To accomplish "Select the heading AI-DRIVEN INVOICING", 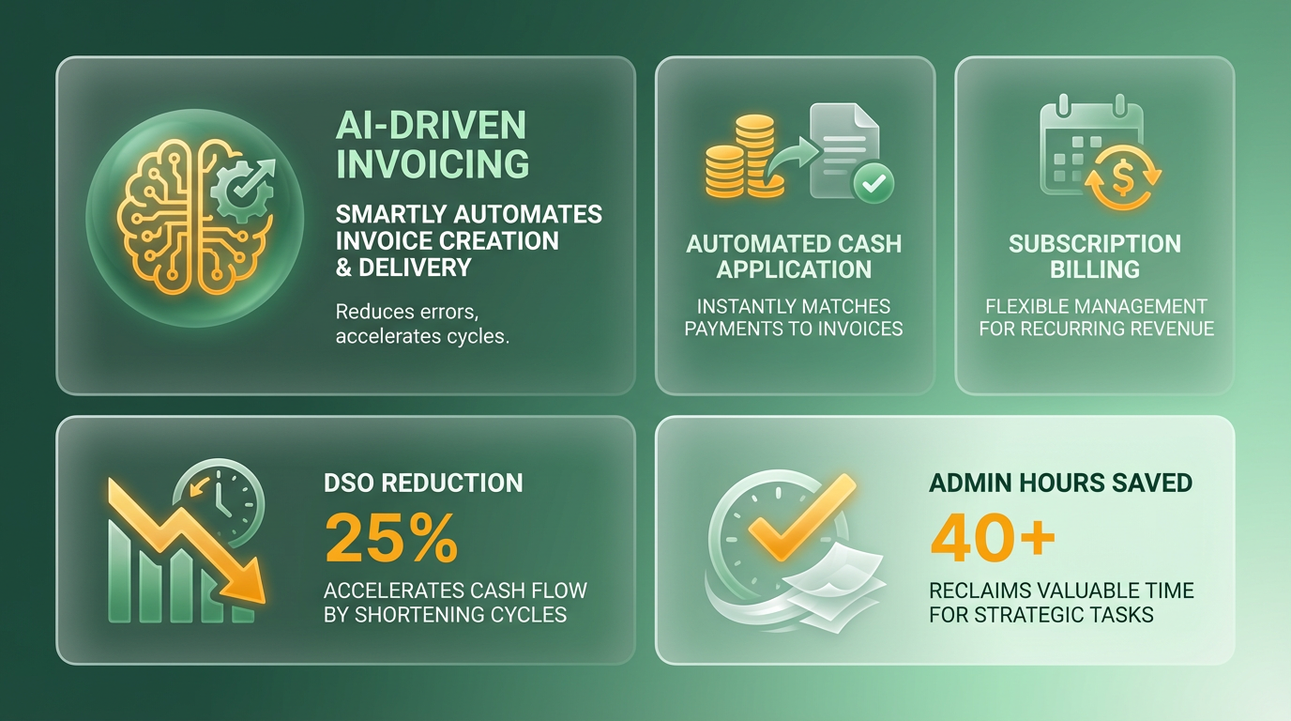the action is pos(432,145).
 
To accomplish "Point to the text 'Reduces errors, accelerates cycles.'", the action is pos(422,324).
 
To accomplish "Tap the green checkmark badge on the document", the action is pos(873,183).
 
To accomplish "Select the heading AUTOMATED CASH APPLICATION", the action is pos(794,256).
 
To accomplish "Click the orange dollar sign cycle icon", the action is pos(1123,177).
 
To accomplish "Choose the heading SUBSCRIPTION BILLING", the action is pos(1095,256).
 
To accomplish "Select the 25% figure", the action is pos(391,539).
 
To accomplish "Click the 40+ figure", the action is pos(993,539).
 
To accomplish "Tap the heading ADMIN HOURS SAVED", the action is pos(1060,483).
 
